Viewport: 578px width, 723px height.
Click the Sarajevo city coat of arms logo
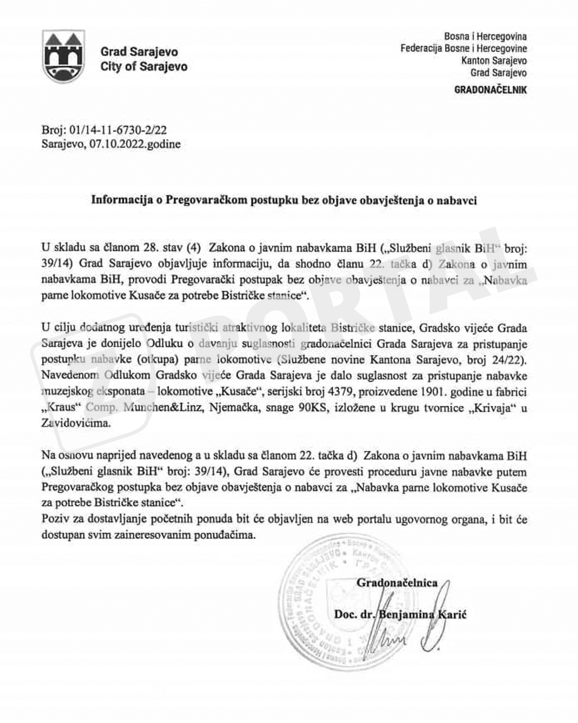pos(63,56)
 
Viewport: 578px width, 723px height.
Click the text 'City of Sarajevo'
pos(144,67)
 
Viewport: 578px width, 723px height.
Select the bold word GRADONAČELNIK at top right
pos(490,89)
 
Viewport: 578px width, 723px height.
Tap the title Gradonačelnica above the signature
pos(397,583)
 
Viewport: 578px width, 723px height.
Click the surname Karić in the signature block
pos(451,615)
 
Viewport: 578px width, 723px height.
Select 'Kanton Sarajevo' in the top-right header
pos(494,60)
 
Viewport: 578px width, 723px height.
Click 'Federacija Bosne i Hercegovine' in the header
pos(463,48)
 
